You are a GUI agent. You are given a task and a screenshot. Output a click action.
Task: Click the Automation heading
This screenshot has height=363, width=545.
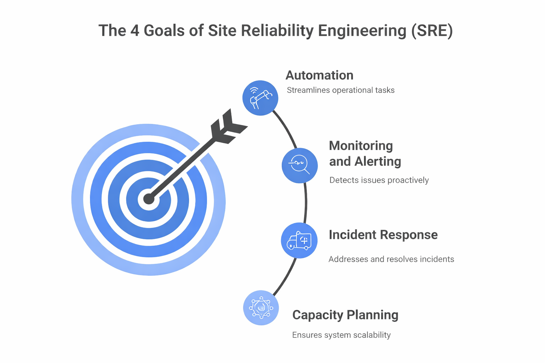(x=319, y=75)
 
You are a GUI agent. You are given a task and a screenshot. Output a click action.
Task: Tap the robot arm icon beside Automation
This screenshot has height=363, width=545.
(x=260, y=98)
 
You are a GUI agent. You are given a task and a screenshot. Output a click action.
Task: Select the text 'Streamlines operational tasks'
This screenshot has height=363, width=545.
(x=340, y=90)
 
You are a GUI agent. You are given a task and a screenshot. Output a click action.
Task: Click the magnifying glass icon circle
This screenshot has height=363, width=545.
(x=299, y=165)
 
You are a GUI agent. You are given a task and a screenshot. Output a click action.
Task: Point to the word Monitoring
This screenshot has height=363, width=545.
(x=361, y=146)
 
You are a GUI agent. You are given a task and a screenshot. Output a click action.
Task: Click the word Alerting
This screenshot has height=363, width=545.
(x=378, y=161)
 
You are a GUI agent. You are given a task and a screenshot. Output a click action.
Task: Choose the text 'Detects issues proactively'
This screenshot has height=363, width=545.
(x=379, y=180)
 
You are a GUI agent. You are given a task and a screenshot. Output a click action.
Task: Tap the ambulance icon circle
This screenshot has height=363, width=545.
(x=299, y=240)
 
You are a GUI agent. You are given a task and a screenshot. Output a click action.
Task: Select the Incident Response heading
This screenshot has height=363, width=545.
(x=383, y=235)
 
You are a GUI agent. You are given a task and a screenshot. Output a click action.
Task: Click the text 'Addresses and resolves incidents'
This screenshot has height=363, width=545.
(x=391, y=259)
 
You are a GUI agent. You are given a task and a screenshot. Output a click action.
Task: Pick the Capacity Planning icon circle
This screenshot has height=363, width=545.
(x=261, y=308)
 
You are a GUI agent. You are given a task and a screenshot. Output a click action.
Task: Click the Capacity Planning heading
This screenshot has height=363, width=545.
(x=345, y=315)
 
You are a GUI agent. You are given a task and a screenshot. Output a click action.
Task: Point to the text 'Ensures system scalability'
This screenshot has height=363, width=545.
(x=341, y=335)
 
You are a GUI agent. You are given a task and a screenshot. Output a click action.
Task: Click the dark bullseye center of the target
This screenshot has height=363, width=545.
(x=149, y=199)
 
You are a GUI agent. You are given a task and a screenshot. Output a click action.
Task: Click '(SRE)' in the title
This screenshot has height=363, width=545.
(x=432, y=30)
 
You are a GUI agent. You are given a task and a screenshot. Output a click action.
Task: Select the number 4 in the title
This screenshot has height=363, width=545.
(x=135, y=30)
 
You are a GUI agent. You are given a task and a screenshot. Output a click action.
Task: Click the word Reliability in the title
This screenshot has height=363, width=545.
(x=277, y=30)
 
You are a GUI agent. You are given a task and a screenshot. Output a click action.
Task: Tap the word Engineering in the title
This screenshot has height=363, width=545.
(x=362, y=30)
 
